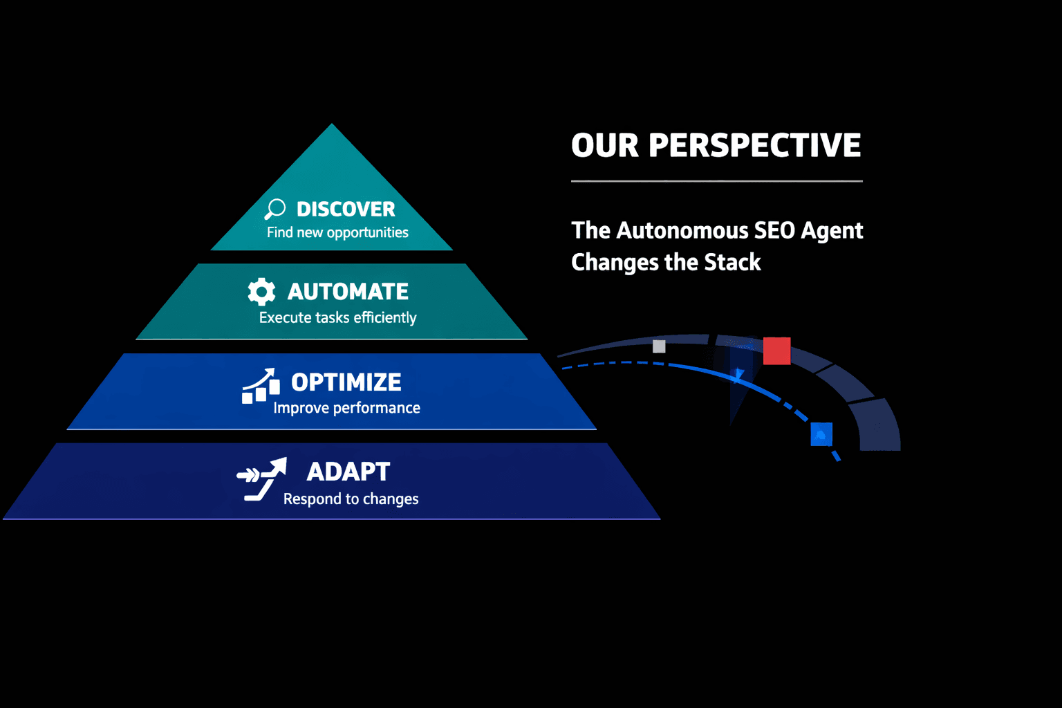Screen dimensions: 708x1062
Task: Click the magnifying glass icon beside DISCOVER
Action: tap(275, 208)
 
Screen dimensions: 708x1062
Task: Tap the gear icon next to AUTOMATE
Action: tap(261, 292)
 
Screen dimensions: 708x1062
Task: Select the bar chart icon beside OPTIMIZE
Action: tap(261, 386)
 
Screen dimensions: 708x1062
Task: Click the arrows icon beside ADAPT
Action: tap(261, 478)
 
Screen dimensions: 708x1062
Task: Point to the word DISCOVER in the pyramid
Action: tap(346, 209)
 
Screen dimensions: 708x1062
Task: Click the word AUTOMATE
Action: tap(348, 292)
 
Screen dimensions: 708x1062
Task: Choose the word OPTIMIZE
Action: tap(346, 382)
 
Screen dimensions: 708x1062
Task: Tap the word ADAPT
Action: tap(348, 472)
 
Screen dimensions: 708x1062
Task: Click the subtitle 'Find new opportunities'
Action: tap(337, 233)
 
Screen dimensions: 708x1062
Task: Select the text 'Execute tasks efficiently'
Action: tap(337, 318)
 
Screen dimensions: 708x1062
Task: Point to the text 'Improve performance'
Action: tap(346, 408)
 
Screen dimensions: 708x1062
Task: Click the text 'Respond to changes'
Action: tap(351, 499)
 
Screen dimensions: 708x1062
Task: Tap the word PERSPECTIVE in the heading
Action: tap(754, 146)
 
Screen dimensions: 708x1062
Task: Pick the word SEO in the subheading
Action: tap(774, 230)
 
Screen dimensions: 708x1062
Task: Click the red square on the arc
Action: tap(776, 351)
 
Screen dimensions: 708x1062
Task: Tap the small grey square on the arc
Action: tap(659, 346)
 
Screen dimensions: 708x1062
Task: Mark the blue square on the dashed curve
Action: tap(821, 434)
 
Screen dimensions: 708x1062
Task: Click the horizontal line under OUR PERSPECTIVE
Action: tap(716, 181)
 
